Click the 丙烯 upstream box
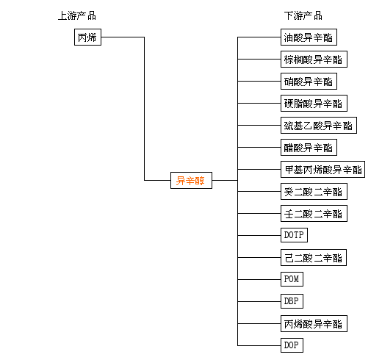click(87, 37)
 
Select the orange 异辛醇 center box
click(191, 180)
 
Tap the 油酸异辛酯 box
click(309, 37)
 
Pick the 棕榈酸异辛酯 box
click(314, 59)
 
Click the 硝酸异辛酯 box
click(309, 81)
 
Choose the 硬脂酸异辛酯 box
click(314, 103)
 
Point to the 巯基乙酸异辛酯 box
click(319, 125)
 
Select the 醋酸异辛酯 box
click(309, 147)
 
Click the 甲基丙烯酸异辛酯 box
click(322, 169)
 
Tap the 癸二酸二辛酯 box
click(314, 191)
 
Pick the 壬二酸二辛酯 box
click(314, 213)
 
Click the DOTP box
click(294, 235)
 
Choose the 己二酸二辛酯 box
click(314, 257)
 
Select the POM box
click(292, 279)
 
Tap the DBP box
click(292, 301)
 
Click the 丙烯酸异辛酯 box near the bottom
click(314, 323)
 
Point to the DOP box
click(292, 345)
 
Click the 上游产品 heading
click(77, 16)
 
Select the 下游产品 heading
click(303, 16)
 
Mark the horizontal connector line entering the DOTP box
click(259, 235)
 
